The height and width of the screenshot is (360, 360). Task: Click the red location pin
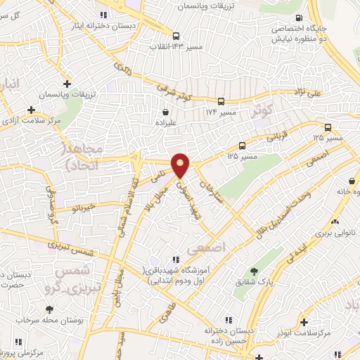181,165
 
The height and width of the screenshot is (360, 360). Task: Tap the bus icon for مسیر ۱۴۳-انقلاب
176,36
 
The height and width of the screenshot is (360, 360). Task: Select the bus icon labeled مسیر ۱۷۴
221,101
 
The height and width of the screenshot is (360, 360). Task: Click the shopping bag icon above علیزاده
166,111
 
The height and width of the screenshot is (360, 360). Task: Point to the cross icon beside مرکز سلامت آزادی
31,110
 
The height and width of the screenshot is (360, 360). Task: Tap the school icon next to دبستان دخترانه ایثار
104,15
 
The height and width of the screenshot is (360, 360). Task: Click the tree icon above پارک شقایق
254,271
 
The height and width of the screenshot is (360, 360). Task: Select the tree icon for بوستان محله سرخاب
49,309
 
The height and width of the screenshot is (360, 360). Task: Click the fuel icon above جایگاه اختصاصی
300,18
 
